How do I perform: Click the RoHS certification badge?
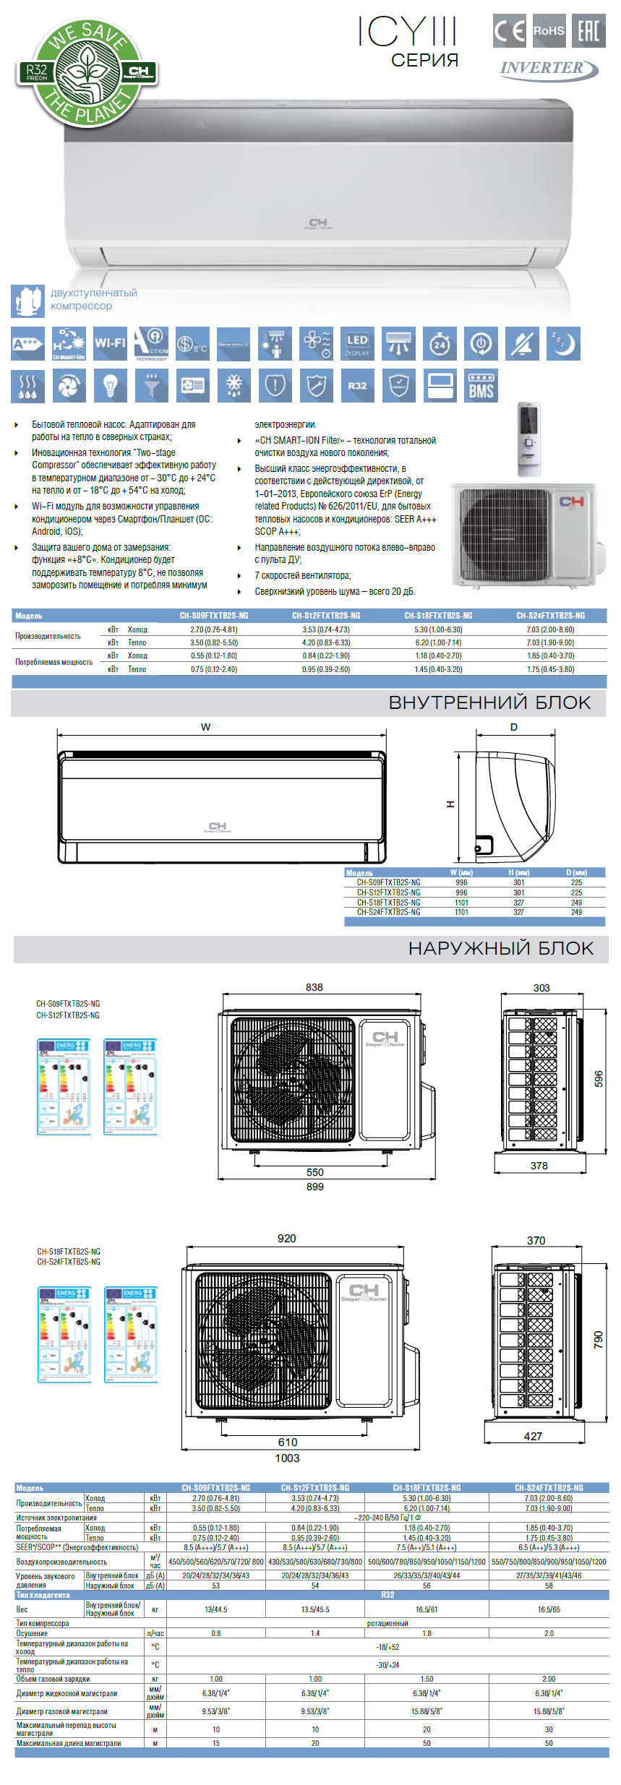click(549, 30)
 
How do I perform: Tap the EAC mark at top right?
click(588, 30)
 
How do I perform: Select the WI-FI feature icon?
click(110, 343)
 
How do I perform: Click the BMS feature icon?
click(481, 385)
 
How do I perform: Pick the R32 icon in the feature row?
click(357, 385)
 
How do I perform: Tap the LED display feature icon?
click(357, 343)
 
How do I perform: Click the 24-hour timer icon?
click(440, 343)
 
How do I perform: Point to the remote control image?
click(528, 438)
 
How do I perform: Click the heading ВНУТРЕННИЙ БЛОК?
click(489, 702)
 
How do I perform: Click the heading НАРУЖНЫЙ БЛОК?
click(500, 948)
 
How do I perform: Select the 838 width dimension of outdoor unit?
click(314, 987)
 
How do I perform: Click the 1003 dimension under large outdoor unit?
click(287, 1458)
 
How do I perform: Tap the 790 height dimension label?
click(598, 1339)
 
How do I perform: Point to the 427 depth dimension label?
click(533, 1436)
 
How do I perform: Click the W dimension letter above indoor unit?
click(206, 727)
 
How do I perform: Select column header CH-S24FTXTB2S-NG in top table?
click(550, 616)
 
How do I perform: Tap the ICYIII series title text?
click(407, 33)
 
